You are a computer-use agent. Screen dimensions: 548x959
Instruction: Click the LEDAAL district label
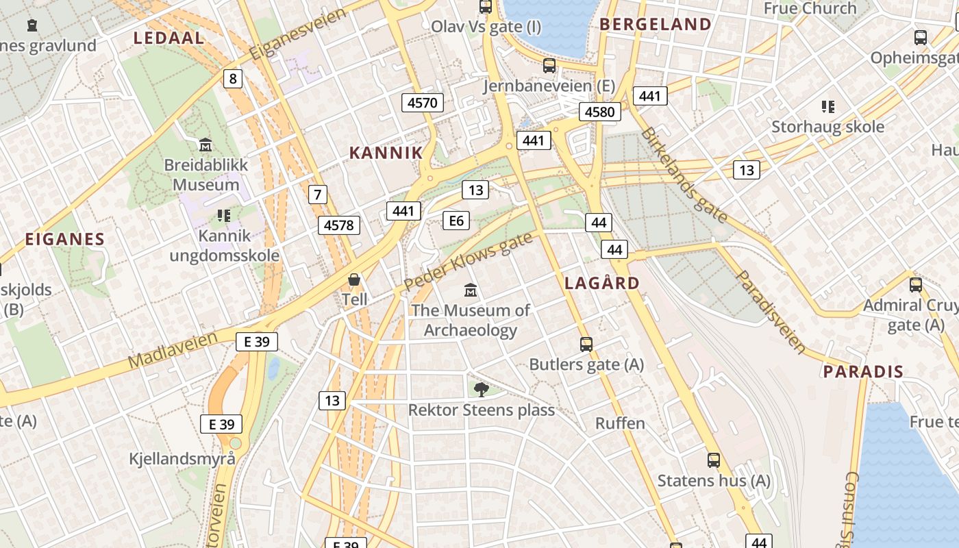pyautogui.click(x=169, y=38)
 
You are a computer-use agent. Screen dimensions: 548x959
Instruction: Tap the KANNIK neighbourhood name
pyautogui.click(x=386, y=152)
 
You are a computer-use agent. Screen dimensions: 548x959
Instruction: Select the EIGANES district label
pyautogui.click(x=65, y=239)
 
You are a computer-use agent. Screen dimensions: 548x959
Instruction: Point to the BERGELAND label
pyautogui.click(x=656, y=25)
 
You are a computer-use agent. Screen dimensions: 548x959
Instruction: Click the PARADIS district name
pyautogui.click(x=863, y=372)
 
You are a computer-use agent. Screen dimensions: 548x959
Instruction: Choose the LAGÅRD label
pyautogui.click(x=602, y=283)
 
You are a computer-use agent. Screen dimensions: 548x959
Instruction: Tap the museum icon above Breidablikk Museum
pyautogui.click(x=206, y=145)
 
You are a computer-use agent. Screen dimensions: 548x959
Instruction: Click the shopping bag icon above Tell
pyautogui.click(x=354, y=279)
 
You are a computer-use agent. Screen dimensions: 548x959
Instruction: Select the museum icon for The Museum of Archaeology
pyautogui.click(x=471, y=290)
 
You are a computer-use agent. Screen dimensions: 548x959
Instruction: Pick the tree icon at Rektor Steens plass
pyautogui.click(x=481, y=390)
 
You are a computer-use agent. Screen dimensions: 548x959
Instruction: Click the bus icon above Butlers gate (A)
pyautogui.click(x=586, y=344)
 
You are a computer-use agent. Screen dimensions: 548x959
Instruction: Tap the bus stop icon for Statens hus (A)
pyautogui.click(x=714, y=460)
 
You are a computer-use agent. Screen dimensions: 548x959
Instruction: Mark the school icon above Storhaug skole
pyautogui.click(x=827, y=107)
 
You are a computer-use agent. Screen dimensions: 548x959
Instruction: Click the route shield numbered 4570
pyautogui.click(x=422, y=103)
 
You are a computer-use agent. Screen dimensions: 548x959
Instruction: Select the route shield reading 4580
pyautogui.click(x=600, y=111)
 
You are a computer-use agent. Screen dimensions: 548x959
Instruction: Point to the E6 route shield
pyautogui.click(x=456, y=220)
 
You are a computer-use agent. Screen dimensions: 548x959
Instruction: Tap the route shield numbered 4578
pyautogui.click(x=339, y=225)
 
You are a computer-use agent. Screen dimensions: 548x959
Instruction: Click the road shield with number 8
pyautogui.click(x=233, y=79)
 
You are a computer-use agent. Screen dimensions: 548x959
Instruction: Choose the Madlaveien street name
pyautogui.click(x=173, y=349)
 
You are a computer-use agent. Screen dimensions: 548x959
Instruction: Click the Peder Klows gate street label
pyautogui.click(x=468, y=262)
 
